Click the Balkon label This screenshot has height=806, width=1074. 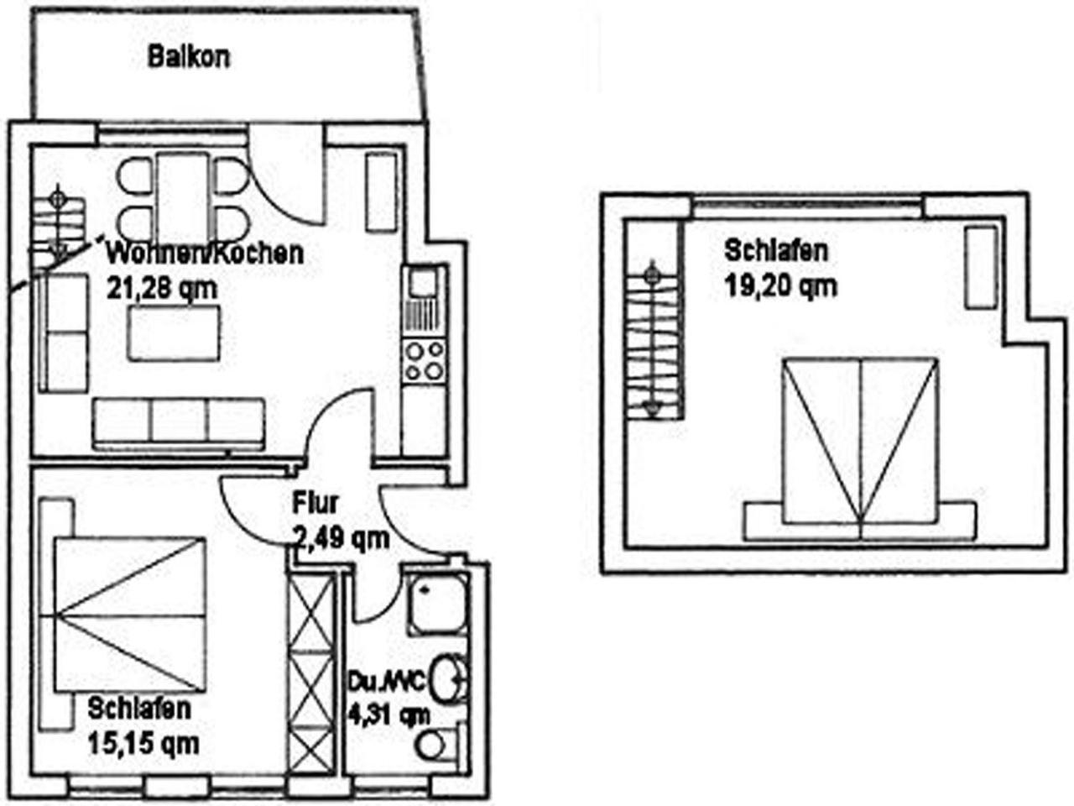coord(189,57)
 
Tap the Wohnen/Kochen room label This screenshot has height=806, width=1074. coord(205,254)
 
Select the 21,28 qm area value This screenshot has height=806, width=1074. coord(161,289)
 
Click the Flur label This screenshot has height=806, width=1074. coord(315,504)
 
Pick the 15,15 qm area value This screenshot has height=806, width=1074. coord(143,745)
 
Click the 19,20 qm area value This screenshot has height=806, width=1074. coord(780,285)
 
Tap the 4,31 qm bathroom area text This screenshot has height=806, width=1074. coord(388,716)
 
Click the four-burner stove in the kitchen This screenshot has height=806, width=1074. coord(425,361)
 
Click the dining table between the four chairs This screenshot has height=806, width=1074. coord(184,197)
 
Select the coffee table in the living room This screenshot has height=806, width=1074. coord(174,332)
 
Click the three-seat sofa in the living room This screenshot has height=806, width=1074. coord(179,424)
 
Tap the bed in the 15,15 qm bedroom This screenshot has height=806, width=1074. coord(130,615)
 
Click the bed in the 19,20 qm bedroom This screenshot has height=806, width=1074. coord(860,447)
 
